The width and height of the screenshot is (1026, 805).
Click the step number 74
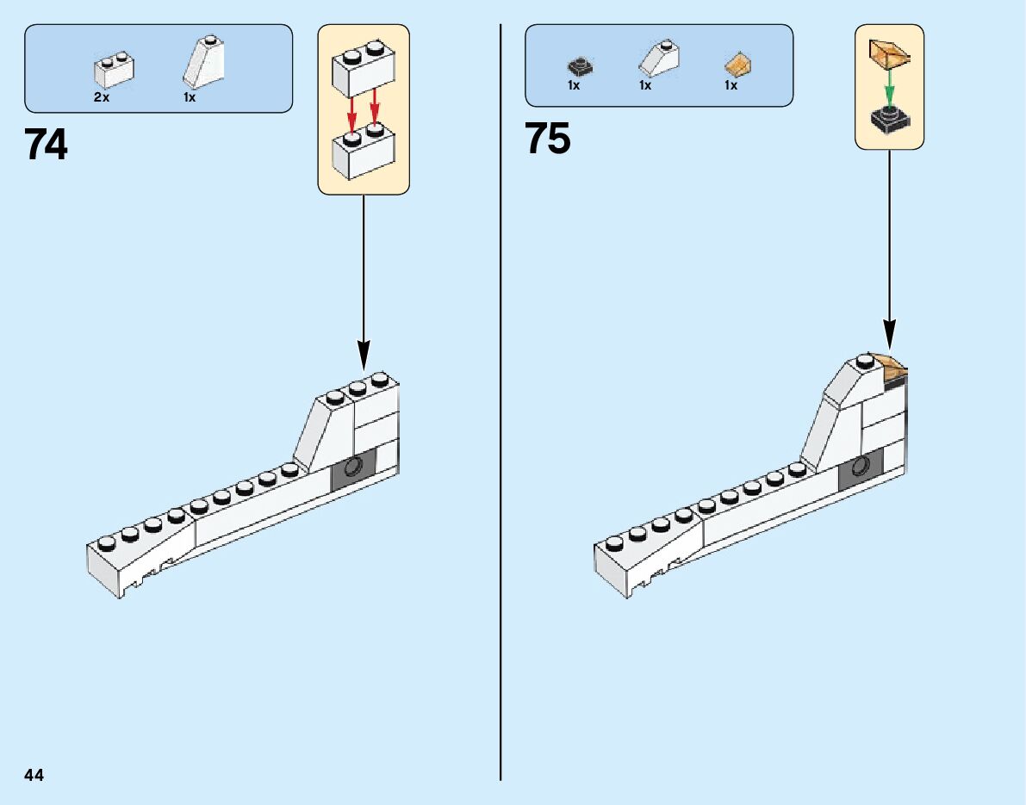[x=47, y=145]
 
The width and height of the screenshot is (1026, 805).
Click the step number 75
[x=548, y=139]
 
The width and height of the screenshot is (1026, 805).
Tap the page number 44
[x=34, y=776]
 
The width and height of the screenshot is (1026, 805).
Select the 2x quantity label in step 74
[x=102, y=98]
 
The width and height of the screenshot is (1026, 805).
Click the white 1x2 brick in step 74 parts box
[x=115, y=71]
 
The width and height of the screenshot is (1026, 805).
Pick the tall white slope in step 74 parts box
[x=202, y=62]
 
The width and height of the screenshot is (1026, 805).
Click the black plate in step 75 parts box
[x=581, y=65]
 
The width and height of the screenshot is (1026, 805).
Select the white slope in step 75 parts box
[x=658, y=59]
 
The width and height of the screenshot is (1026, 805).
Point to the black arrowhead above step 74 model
[x=364, y=353]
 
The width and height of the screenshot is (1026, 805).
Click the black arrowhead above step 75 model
[x=889, y=331]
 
